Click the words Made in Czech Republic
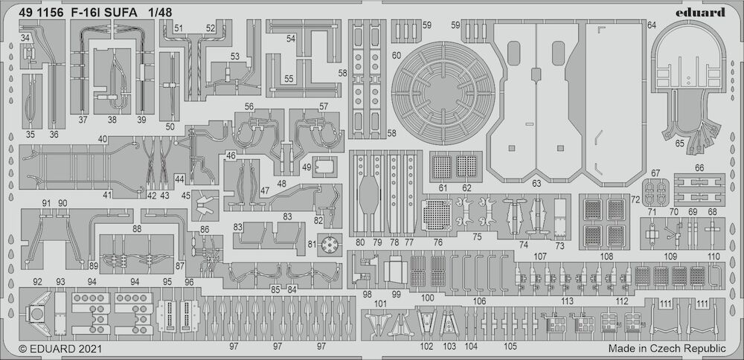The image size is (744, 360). click(666, 347)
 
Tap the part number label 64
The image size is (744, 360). click(652, 25)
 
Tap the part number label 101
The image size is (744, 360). click(381, 304)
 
